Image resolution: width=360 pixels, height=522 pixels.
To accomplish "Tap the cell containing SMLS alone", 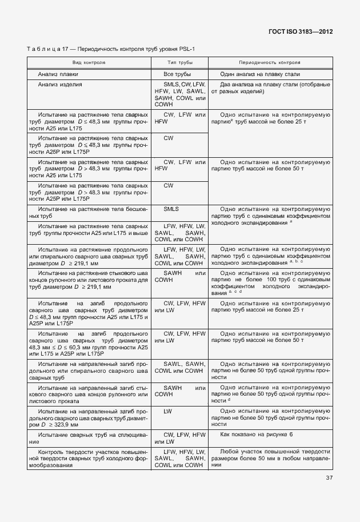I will (x=171, y=209).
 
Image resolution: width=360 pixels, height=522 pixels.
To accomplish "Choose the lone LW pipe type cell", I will (x=168, y=411).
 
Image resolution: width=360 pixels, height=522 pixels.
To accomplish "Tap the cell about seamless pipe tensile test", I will (x=89, y=213).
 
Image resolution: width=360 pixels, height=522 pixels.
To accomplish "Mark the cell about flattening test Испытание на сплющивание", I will (x=89, y=438).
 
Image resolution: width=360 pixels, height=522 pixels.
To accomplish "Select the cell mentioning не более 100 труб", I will (x=270, y=282).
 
